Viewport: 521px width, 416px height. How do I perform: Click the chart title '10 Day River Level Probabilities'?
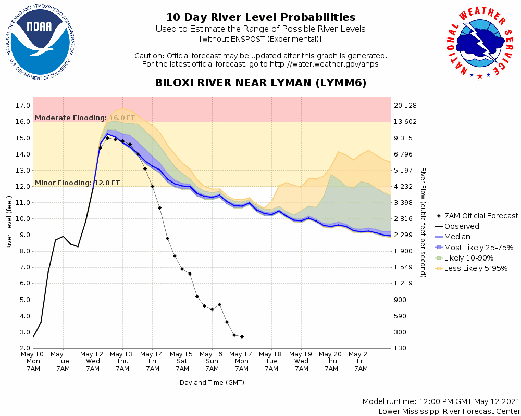[x=260, y=18]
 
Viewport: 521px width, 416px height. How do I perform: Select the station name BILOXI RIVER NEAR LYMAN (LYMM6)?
[x=260, y=83]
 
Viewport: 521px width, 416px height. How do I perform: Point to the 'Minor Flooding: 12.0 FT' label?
[x=77, y=183]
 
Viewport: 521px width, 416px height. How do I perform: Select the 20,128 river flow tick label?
[x=406, y=106]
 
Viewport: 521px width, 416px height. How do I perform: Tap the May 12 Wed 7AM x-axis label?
[x=93, y=361]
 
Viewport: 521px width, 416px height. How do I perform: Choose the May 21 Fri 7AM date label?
[x=361, y=361]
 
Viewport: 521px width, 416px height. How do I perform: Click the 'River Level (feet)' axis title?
[x=9, y=223]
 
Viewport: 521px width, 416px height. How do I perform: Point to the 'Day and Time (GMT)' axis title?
[x=212, y=382]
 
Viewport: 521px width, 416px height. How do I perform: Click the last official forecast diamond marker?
[x=242, y=337]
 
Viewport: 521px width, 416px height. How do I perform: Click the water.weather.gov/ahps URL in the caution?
[x=324, y=64]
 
